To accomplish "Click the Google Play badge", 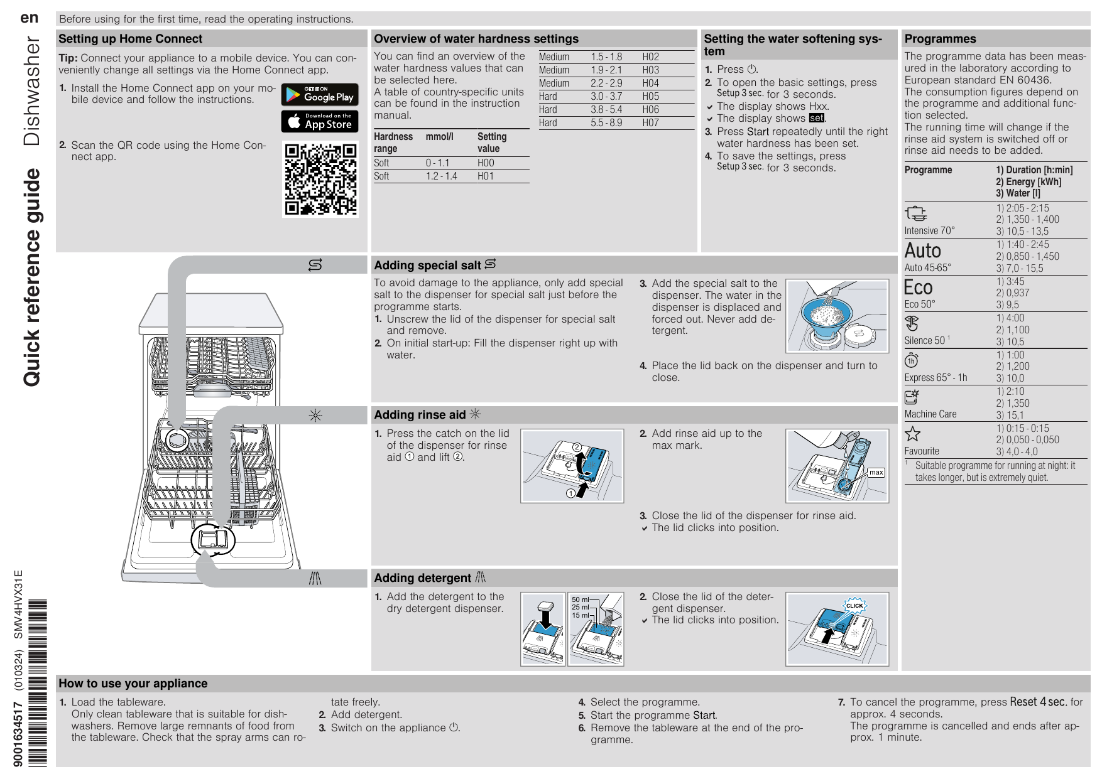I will coord(320,94).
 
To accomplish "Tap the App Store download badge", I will coord(320,121).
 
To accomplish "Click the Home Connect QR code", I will coord(320,180).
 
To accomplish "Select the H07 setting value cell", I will coord(650,123).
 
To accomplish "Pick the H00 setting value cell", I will coord(486,163).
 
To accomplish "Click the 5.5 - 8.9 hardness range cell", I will coord(606,123).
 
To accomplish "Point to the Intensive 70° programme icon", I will coord(916,213).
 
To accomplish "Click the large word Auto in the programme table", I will coord(922,251).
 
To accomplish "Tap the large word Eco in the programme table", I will coord(918,287).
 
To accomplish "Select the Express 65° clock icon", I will coord(911,360).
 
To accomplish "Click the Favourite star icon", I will coord(912,434).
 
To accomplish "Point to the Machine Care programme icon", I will coord(912,397).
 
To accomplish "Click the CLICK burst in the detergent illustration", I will coord(854,606).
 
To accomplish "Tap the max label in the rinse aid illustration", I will coord(876,472).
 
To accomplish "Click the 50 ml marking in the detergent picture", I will coord(580,600).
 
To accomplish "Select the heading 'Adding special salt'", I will coord(427,266).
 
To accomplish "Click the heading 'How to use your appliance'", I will coord(133,684).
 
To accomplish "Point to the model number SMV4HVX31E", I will coord(19,604).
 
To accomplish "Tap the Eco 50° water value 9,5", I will coord(1012,305).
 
